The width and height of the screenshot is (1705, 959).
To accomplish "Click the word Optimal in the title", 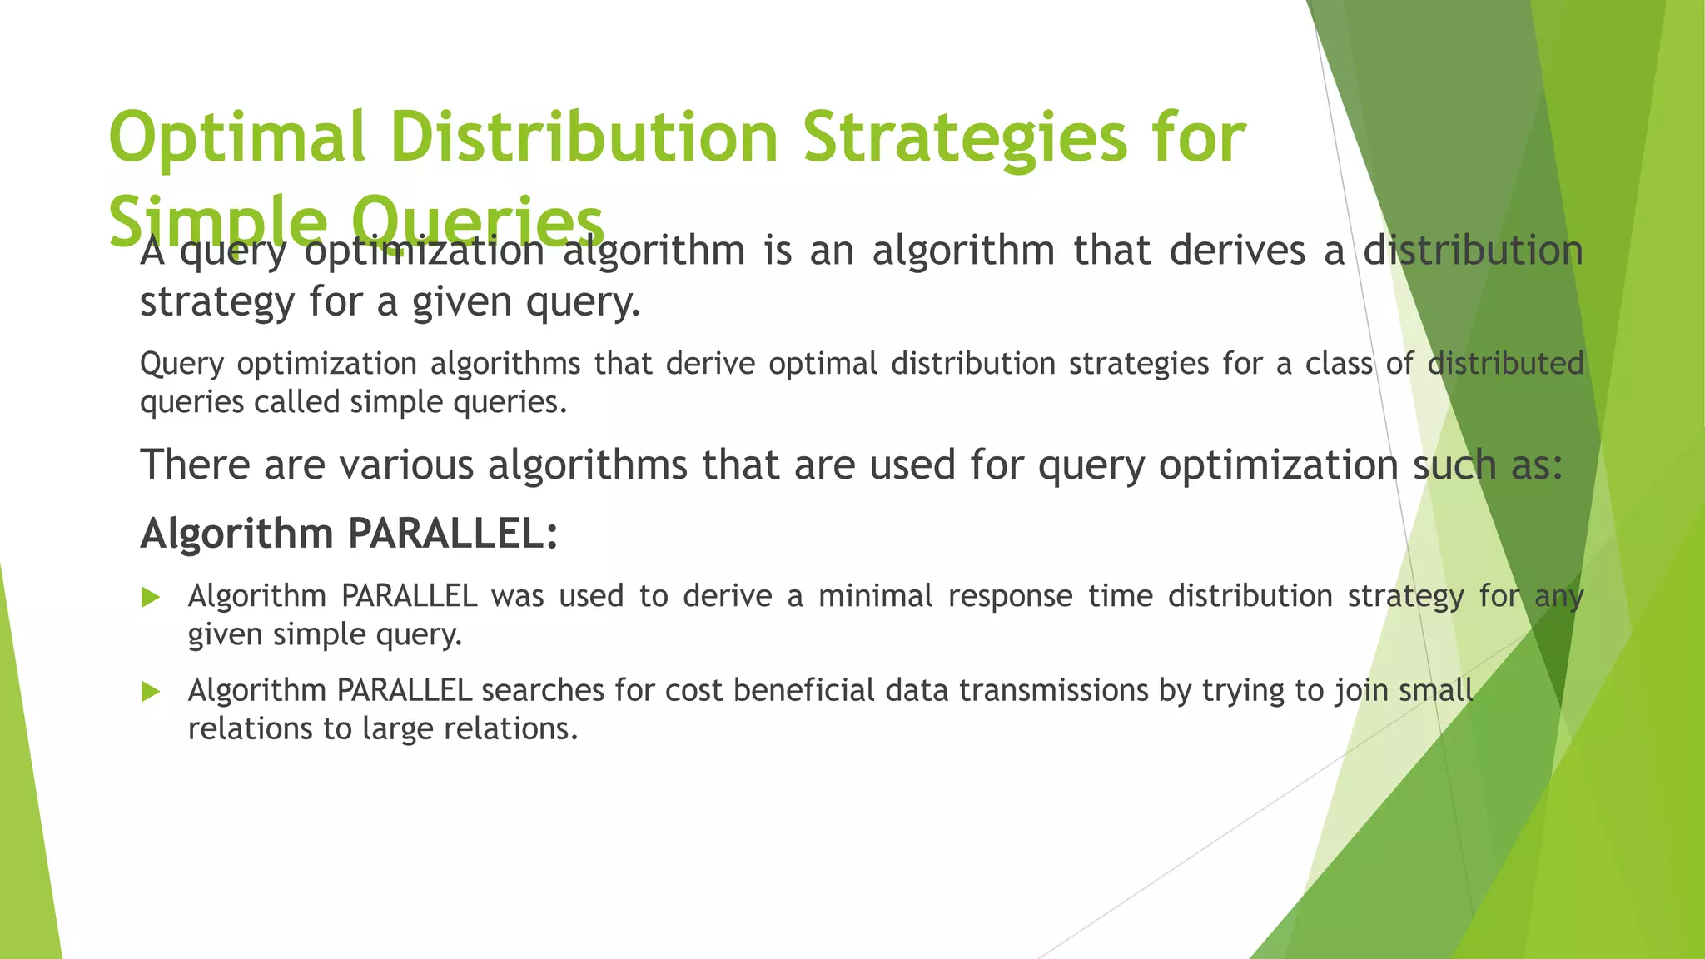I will pyautogui.click(x=237, y=137).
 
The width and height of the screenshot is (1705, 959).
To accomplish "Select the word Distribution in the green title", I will pyautogui.click(x=583, y=137).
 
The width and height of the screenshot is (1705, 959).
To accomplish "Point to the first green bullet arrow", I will pyautogui.click(x=151, y=597).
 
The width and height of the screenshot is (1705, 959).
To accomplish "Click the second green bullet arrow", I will pyautogui.click(x=151, y=691).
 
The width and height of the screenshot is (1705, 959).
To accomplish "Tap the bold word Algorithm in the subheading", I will pyautogui.click(x=236, y=533).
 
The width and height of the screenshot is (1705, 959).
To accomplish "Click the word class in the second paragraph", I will pyautogui.click(x=1338, y=364).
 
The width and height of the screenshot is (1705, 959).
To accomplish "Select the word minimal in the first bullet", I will pyautogui.click(x=875, y=596).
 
